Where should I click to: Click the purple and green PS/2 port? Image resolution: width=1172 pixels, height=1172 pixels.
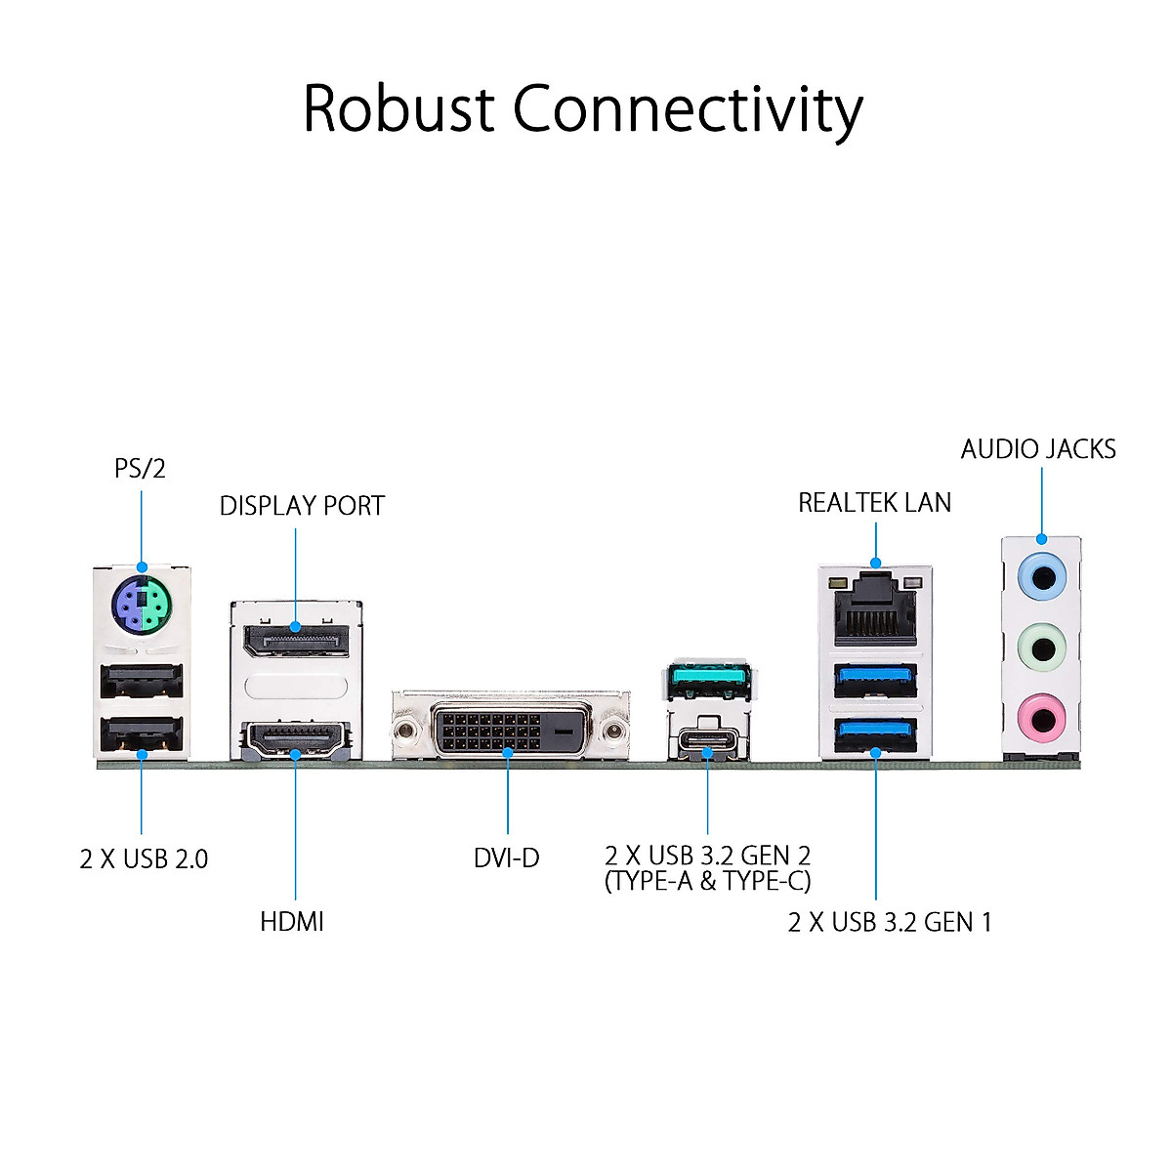coord(142,607)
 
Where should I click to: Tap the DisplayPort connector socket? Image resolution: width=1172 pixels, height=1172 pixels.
coord(296,641)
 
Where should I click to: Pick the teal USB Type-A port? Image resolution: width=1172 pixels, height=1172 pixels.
coord(710,679)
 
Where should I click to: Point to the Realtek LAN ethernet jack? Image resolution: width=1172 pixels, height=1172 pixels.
coord(875,607)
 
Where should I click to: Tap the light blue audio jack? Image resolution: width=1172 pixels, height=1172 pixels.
coord(1041,576)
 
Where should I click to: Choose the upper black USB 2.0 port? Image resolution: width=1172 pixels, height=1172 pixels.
coord(142,681)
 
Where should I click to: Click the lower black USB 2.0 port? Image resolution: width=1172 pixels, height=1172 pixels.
coord(142,734)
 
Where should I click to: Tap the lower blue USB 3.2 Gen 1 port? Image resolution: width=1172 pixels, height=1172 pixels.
coord(875,734)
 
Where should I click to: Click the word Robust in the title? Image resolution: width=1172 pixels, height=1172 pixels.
coord(398,108)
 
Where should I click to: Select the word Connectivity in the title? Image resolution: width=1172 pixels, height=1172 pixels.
coord(688,110)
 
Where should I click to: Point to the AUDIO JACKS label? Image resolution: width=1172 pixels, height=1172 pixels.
coord(1038,449)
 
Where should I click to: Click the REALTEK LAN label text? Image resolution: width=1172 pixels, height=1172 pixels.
coord(874,503)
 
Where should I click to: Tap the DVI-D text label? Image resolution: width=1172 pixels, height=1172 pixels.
coord(506,858)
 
